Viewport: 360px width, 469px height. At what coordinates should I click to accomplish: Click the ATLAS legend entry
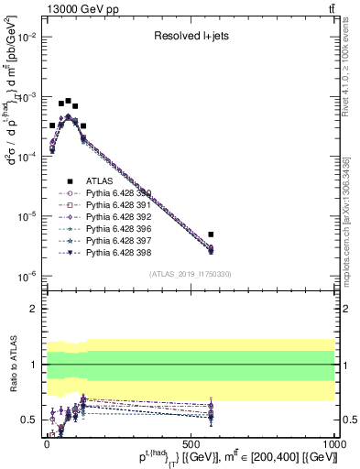(x=99, y=180)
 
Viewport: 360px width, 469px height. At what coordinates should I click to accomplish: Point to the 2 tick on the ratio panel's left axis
(x=34, y=309)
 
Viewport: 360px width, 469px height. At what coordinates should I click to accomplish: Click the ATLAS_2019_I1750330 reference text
(x=190, y=274)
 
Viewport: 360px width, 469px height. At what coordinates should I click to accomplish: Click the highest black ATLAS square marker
(x=68, y=101)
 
